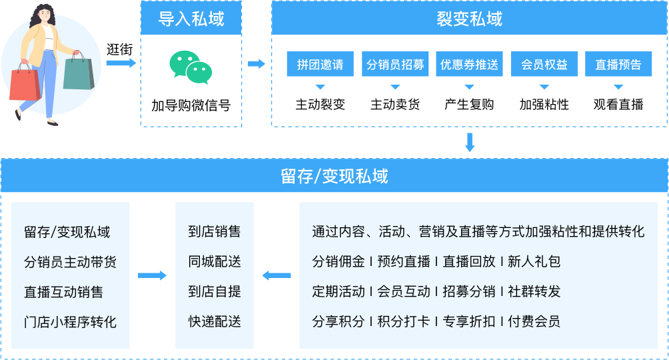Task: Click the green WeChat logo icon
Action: [x=191, y=67]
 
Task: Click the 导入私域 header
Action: [x=191, y=19]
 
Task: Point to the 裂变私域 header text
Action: [x=469, y=19]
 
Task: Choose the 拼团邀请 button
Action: [x=320, y=65]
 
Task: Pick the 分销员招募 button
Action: [x=395, y=65]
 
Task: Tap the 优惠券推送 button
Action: [x=469, y=65]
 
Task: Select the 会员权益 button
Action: [x=544, y=65]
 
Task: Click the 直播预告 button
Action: [x=618, y=65]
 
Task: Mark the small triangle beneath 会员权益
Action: [x=544, y=87]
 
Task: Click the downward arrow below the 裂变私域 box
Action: [x=469, y=142]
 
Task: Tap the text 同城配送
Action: [x=215, y=262]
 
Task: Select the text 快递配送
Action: [x=215, y=322]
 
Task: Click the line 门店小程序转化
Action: [x=70, y=322]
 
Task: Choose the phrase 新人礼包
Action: [x=534, y=262]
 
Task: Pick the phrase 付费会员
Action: [x=534, y=322]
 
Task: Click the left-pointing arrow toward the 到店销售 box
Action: [x=277, y=275]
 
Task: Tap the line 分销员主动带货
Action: [x=70, y=262]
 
